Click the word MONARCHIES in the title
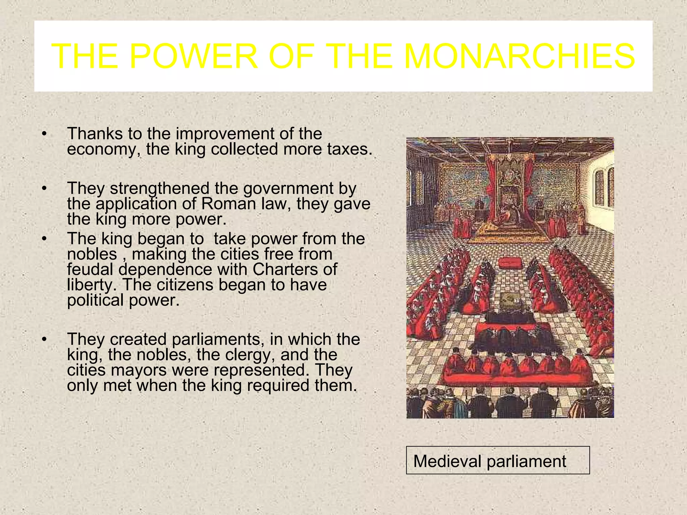(x=520, y=56)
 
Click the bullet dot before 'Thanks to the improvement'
(x=44, y=134)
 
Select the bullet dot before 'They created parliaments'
(x=44, y=340)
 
